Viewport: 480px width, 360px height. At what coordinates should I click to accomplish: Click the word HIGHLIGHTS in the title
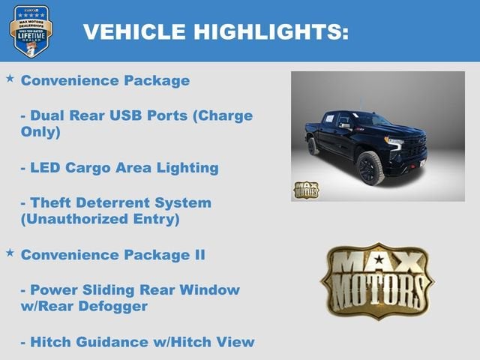[x=271, y=31]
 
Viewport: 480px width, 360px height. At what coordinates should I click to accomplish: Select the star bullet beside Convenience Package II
[x=10, y=253]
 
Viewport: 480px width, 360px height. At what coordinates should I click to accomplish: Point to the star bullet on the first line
[x=10, y=78]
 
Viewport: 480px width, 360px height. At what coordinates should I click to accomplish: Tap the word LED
[x=46, y=167]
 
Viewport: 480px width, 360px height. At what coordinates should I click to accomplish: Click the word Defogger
[x=115, y=306]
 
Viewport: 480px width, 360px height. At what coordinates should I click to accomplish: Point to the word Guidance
[x=109, y=342]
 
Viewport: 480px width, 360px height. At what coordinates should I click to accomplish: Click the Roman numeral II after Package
[x=196, y=255]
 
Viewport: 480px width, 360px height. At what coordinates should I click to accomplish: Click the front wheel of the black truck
[x=370, y=167]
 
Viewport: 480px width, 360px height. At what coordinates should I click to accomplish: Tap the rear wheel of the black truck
[x=313, y=145]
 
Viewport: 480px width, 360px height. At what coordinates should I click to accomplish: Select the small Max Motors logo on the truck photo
[x=305, y=189]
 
